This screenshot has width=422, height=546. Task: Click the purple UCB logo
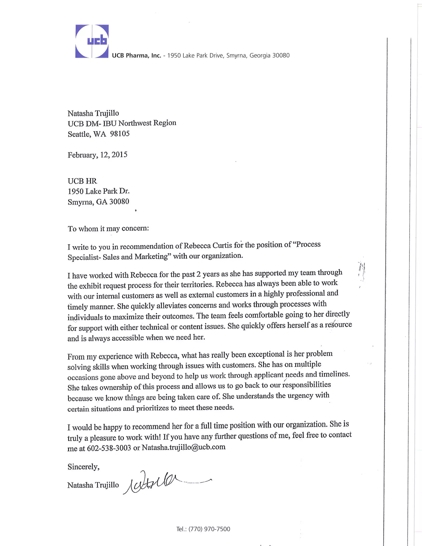92,41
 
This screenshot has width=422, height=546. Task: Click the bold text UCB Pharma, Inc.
136,55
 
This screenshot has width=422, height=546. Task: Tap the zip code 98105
120,134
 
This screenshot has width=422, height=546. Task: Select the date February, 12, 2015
97,155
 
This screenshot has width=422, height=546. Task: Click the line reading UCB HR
82,181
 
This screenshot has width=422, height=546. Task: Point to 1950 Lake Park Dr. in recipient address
98,191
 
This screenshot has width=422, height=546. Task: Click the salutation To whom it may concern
108,228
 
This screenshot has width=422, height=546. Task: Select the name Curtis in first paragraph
222,245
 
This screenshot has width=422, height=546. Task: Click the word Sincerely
83,467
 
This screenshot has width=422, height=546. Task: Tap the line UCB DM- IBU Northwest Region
122,123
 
